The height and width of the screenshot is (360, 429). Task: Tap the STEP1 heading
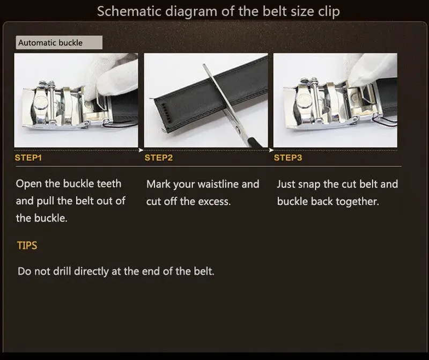28,158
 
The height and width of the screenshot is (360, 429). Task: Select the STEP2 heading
159,158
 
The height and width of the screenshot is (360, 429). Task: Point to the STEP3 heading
288,158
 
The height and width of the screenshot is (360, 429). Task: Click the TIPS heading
27,245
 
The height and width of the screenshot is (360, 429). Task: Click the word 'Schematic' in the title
129,11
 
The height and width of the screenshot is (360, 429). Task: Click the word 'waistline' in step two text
215,184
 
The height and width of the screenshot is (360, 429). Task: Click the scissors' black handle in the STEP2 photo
254,143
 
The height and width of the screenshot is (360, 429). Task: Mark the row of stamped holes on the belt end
166,113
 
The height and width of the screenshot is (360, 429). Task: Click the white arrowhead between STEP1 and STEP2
141,150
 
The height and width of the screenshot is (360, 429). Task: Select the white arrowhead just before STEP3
271,150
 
